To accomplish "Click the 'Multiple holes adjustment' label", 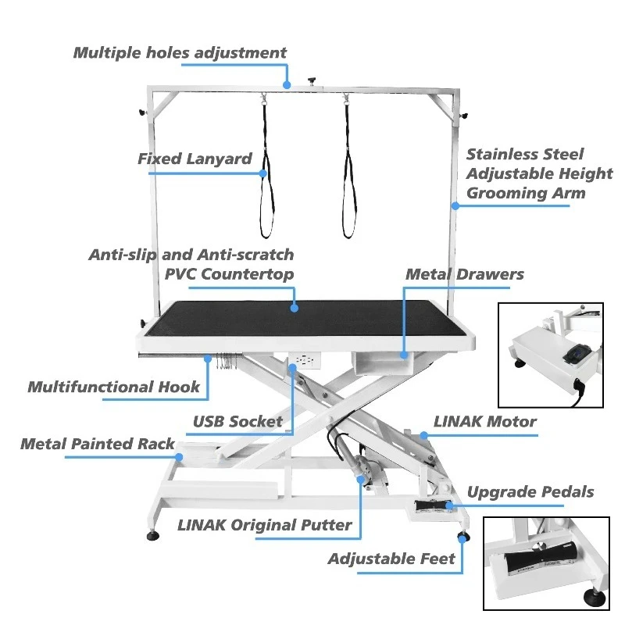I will click(180, 53).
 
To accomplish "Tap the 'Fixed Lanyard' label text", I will click(195, 159).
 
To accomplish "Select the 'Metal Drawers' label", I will click(464, 274).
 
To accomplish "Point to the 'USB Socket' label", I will click(237, 422).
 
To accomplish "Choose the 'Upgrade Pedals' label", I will click(530, 492).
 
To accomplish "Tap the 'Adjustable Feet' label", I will click(391, 559).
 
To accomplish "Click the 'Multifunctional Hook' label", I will click(114, 387).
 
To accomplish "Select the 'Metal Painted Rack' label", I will click(98, 444).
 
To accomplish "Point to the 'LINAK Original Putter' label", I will click(265, 525).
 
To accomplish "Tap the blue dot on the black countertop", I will click(295, 309).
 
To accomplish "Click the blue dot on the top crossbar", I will click(287, 84).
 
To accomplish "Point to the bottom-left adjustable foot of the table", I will click(151, 536).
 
